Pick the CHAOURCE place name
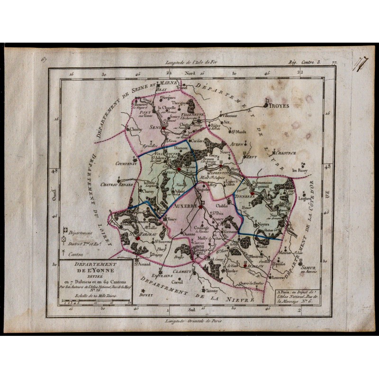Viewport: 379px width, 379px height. pyautogui.click(x=285, y=153)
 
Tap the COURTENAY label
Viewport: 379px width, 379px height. pyautogui.click(x=126, y=164)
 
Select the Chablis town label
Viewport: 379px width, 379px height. pyautogui.click(x=222, y=206)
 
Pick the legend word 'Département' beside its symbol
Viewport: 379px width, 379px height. pyautogui.click(x=79, y=233)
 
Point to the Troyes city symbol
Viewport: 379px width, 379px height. pyautogui.click(x=267, y=100)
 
